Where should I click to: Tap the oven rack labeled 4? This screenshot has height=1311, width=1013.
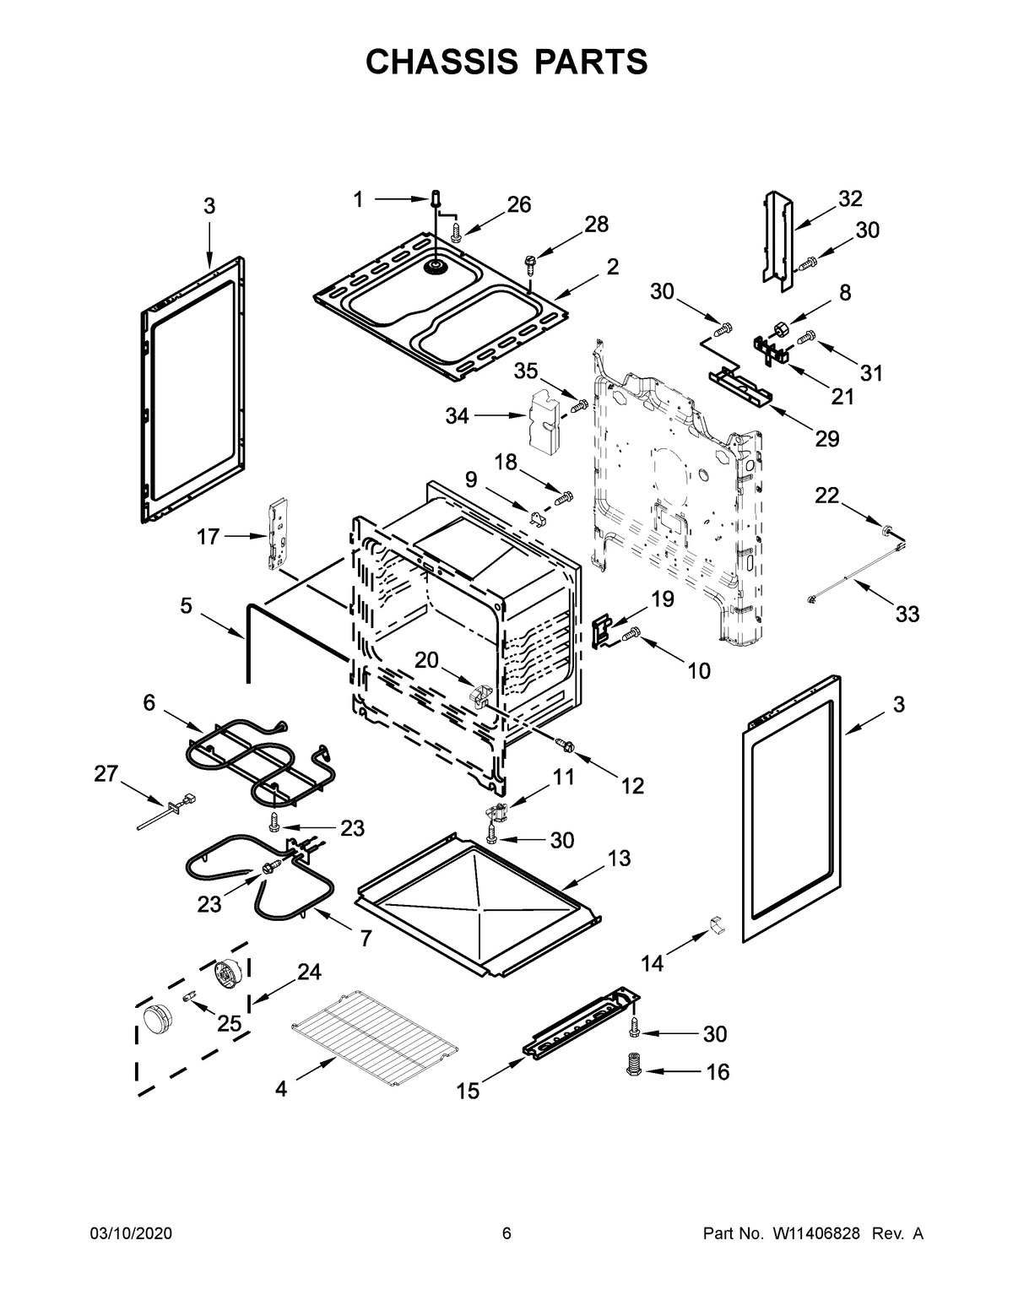pos(373,1037)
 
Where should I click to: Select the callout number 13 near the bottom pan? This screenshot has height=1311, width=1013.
pos(619,859)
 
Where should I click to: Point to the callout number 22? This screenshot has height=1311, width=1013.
pos(826,496)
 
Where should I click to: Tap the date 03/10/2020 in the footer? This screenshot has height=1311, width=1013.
pos(131,1233)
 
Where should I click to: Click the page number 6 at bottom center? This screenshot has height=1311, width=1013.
pos(506,1233)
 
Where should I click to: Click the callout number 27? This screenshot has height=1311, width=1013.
pos(106,774)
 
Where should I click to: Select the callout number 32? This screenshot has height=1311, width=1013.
pos(850,199)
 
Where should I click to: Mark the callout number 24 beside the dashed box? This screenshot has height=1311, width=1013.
pos(309,972)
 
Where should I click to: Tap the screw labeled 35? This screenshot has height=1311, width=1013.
pos(579,407)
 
